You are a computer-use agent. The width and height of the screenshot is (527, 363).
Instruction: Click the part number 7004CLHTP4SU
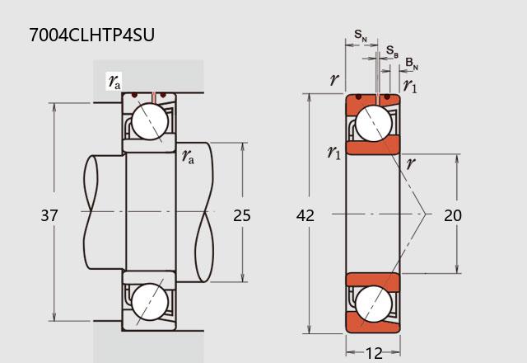pos(91,35)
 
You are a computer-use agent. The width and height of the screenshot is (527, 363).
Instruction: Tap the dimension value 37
pos(49,215)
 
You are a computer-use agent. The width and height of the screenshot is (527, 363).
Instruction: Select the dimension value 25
pos(242,215)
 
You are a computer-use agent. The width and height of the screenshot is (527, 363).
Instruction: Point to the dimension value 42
pos(305,215)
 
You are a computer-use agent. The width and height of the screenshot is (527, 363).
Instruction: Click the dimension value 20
pos(453,215)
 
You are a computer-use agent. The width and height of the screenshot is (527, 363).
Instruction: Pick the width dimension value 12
pos(374,354)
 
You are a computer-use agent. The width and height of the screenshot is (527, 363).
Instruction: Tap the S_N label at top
pos(361,35)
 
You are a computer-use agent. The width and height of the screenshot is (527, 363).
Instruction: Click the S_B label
pos(392,51)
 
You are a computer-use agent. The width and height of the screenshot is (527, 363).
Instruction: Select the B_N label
pos(412,64)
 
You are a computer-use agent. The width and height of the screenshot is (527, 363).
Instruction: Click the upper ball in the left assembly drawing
pos(150,121)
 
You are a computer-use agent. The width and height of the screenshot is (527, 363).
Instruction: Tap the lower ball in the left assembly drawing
pos(150,302)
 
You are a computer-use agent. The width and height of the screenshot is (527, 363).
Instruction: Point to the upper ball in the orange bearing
pos(373,123)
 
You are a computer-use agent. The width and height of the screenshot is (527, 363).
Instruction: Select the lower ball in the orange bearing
pos(373,304)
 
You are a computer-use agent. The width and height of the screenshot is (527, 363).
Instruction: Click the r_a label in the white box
pos(114,82)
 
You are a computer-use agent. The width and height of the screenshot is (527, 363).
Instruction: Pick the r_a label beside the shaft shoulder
pos(188,156)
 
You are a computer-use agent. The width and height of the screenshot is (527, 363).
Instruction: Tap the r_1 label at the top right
pos(410,86)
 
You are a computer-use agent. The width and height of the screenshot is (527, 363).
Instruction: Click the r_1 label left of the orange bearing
pos(334,152)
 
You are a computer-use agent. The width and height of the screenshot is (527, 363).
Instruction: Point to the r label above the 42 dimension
pos(334,79)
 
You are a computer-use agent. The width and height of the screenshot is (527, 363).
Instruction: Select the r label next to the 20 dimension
pos(411,163)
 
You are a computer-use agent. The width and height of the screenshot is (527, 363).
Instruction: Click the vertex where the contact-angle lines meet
pos(426,214)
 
